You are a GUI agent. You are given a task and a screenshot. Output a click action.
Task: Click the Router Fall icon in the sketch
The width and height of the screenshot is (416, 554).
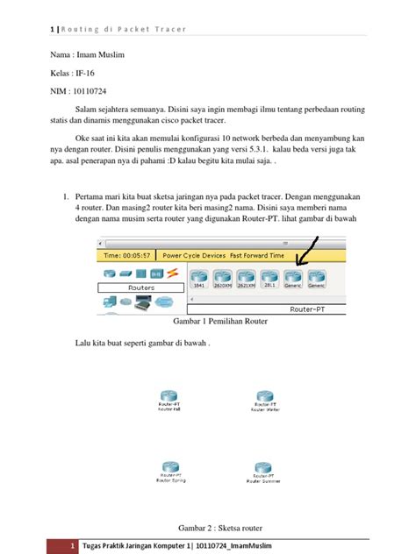pyautogui.click(x=169, y=395)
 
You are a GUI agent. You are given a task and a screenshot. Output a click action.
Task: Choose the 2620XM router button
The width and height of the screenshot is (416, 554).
pyautogui.click(x=221, y=277)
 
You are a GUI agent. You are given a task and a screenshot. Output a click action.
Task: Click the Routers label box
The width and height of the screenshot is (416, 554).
pyautogui.click(x=141, y=287)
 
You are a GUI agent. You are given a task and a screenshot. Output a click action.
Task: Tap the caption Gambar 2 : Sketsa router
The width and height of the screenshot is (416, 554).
pyautogui.click(x=221, y=527)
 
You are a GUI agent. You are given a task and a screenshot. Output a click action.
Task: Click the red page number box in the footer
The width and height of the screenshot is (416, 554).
pyautogui.click(x=61, y=547)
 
